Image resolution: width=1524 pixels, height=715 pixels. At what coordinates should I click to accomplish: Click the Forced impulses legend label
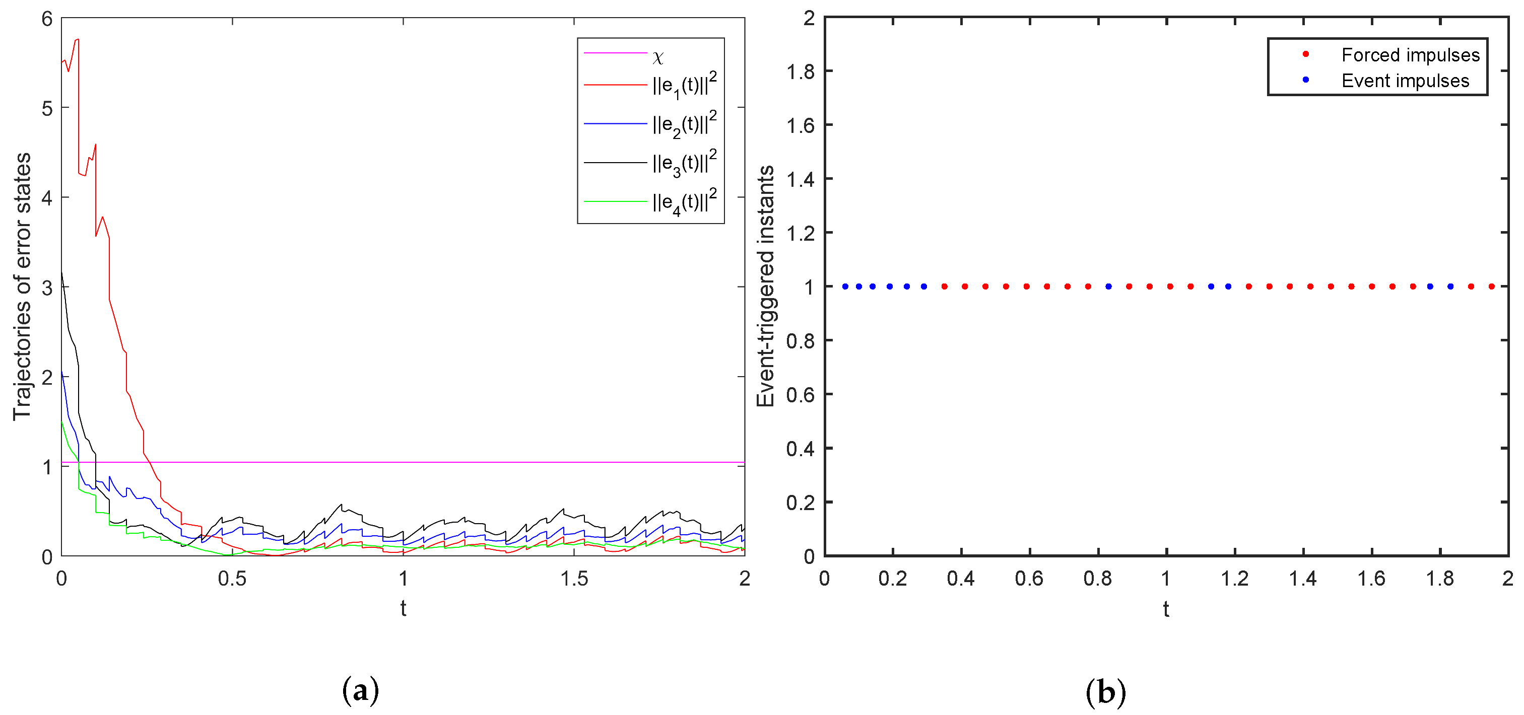[1410, 55]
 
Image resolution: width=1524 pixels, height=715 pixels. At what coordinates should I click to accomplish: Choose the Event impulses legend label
[1405, 81]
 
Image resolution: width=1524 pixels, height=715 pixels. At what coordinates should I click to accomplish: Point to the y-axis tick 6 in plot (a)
[47, 19]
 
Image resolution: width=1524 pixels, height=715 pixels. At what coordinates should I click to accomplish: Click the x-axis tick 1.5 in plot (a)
[574, 579]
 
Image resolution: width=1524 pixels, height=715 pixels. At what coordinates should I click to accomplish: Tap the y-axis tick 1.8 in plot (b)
[800, 71]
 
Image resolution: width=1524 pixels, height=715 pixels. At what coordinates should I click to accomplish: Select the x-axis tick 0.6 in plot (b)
[1029, 579]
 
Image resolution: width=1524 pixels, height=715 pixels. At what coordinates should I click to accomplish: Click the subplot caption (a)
[360, 691]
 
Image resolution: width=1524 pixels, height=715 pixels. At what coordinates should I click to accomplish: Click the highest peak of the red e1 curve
[78, 40]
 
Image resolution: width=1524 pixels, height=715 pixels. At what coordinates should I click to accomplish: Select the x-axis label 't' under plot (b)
[1165, 609]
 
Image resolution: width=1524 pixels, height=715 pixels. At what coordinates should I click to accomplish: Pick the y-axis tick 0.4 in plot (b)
[800, 449]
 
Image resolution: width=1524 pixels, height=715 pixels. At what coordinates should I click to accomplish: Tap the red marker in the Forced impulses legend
[1306, 54]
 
